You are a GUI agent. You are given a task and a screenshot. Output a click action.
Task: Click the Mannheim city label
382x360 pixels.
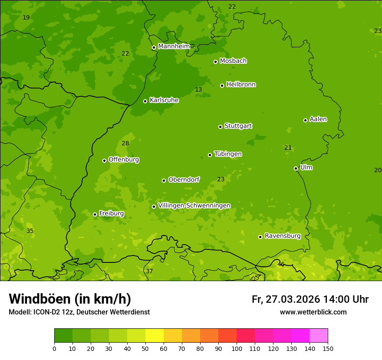coord(174,46)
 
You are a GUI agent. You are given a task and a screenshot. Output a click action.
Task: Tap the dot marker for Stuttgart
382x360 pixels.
coord(220,127)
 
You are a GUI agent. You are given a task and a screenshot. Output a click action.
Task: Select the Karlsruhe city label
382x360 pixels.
coord(164,100)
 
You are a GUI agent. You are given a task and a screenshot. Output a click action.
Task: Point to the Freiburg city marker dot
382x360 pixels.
coord(95,214)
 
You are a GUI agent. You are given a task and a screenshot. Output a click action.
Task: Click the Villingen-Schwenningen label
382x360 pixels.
coord(194,206)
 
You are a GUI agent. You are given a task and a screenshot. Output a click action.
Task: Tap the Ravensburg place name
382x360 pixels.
coord(282,236)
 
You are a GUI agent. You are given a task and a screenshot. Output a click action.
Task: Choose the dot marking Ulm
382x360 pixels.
coord(296,168)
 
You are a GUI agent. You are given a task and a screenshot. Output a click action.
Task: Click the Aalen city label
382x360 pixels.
coord(318,119)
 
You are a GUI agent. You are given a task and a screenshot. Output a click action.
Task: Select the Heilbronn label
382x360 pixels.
coord(240,85)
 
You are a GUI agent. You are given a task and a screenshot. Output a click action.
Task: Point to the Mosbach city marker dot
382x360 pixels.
coord(215,62)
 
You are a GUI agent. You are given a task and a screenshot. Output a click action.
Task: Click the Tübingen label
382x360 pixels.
coord(227,154)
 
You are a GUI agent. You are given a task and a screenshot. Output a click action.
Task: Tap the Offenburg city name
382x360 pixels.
coord(123,160)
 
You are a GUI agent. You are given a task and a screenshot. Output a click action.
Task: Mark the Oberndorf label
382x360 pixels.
coord(184,180)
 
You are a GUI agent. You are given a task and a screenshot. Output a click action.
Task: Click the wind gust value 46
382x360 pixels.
coord(281,265)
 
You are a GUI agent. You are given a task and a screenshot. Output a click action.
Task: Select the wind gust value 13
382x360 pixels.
coord(198,90)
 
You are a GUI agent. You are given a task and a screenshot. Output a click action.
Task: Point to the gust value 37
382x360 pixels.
coord(149,272)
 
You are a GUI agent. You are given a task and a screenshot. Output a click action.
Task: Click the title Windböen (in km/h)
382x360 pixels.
coord(70,299)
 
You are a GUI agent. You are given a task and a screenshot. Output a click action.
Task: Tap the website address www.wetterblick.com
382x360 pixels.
coord(313,312)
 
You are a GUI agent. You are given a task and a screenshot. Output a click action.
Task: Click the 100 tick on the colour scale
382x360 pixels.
coord(237,348)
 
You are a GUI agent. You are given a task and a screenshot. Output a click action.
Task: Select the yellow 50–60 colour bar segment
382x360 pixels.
coord(155,336)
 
